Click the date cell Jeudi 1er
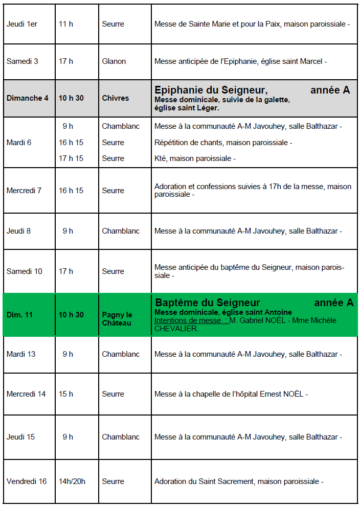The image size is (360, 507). tap(22, 24)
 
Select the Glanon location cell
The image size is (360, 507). tap(114, 61)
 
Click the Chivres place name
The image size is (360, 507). tap(115, 98)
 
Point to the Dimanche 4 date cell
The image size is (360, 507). tap(28, 98)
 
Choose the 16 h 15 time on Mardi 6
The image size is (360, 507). tap(71, 143)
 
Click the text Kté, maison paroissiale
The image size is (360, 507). tap(195, 158)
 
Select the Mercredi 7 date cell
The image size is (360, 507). tap(24, 191)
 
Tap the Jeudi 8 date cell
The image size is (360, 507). tap(18, 231)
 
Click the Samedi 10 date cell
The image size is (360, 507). tap(25, 271)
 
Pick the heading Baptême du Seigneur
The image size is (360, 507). tap(208, 303)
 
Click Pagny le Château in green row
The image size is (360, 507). tap(117, 319)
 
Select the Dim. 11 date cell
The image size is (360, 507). tap(19, 315)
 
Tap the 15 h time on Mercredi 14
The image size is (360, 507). tap(66, 394)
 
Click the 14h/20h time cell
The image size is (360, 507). tap(72, 481)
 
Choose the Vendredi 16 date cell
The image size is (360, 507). tap(27, 481)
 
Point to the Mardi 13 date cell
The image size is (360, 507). tap(21, 354)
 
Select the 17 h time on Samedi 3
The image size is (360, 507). tap(66, 61)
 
